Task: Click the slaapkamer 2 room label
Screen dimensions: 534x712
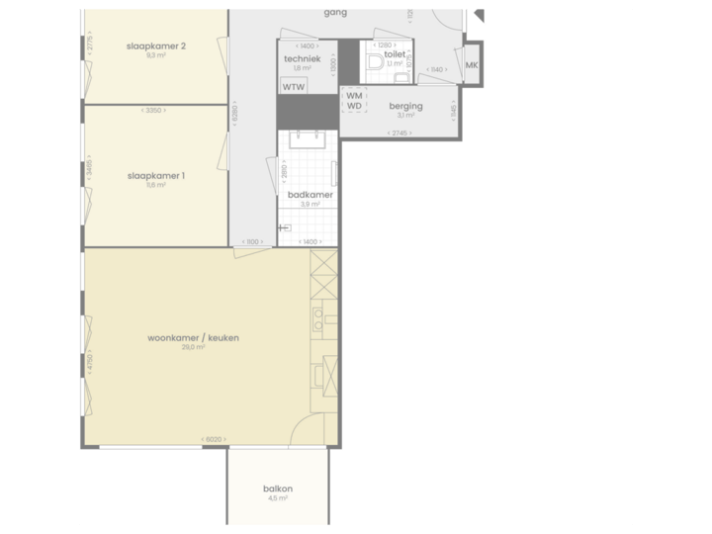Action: (x=156, y=45)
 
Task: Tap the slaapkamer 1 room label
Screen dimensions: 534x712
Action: (x=156, y=176)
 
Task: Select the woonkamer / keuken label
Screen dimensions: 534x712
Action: (x=194, y=337)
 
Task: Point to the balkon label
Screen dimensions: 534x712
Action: (x=278, y=489)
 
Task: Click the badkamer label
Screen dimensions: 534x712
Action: (x=310, y=195)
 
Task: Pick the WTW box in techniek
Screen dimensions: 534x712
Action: (x=294, y=87)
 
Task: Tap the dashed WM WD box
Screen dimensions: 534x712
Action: (x=354, y=101)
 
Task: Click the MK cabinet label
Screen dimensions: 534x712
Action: (x=471, y=65)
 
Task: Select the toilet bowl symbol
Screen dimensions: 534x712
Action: (x=375, y=63)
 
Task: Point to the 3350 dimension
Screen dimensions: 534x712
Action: (x=153, y=110)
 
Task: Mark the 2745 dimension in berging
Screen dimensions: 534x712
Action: (x=399, y=133)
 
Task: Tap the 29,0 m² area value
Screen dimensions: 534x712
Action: (x=193, y=348)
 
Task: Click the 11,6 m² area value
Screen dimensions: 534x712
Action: (x=156, y=186)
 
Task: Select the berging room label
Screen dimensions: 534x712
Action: (x=405, y=106)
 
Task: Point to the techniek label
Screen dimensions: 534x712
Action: (x=302, y=58)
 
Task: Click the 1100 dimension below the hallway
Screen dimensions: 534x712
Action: (x=251, y=241)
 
